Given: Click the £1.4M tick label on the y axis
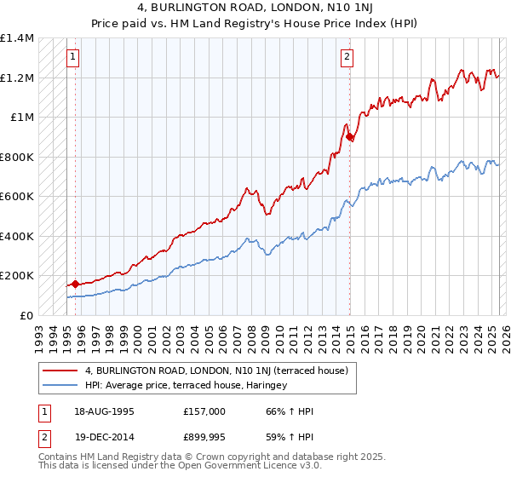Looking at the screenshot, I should [x=17, y=38].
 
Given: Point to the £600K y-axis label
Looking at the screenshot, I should [x=17, y=197].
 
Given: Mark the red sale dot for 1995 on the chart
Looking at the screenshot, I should [x=75, y=284].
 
